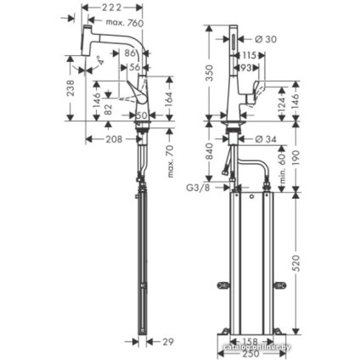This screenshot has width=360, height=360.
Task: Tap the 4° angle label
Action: [x=100, y=60]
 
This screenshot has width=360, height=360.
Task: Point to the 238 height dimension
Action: [x=71, y=88]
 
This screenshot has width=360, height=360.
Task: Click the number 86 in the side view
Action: [x=132, y=53]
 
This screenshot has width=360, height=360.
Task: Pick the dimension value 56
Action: [x=135, y=67]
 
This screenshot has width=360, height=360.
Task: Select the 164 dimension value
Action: [x=168, y=98]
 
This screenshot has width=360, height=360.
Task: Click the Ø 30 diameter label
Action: [x=265, y=39]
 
